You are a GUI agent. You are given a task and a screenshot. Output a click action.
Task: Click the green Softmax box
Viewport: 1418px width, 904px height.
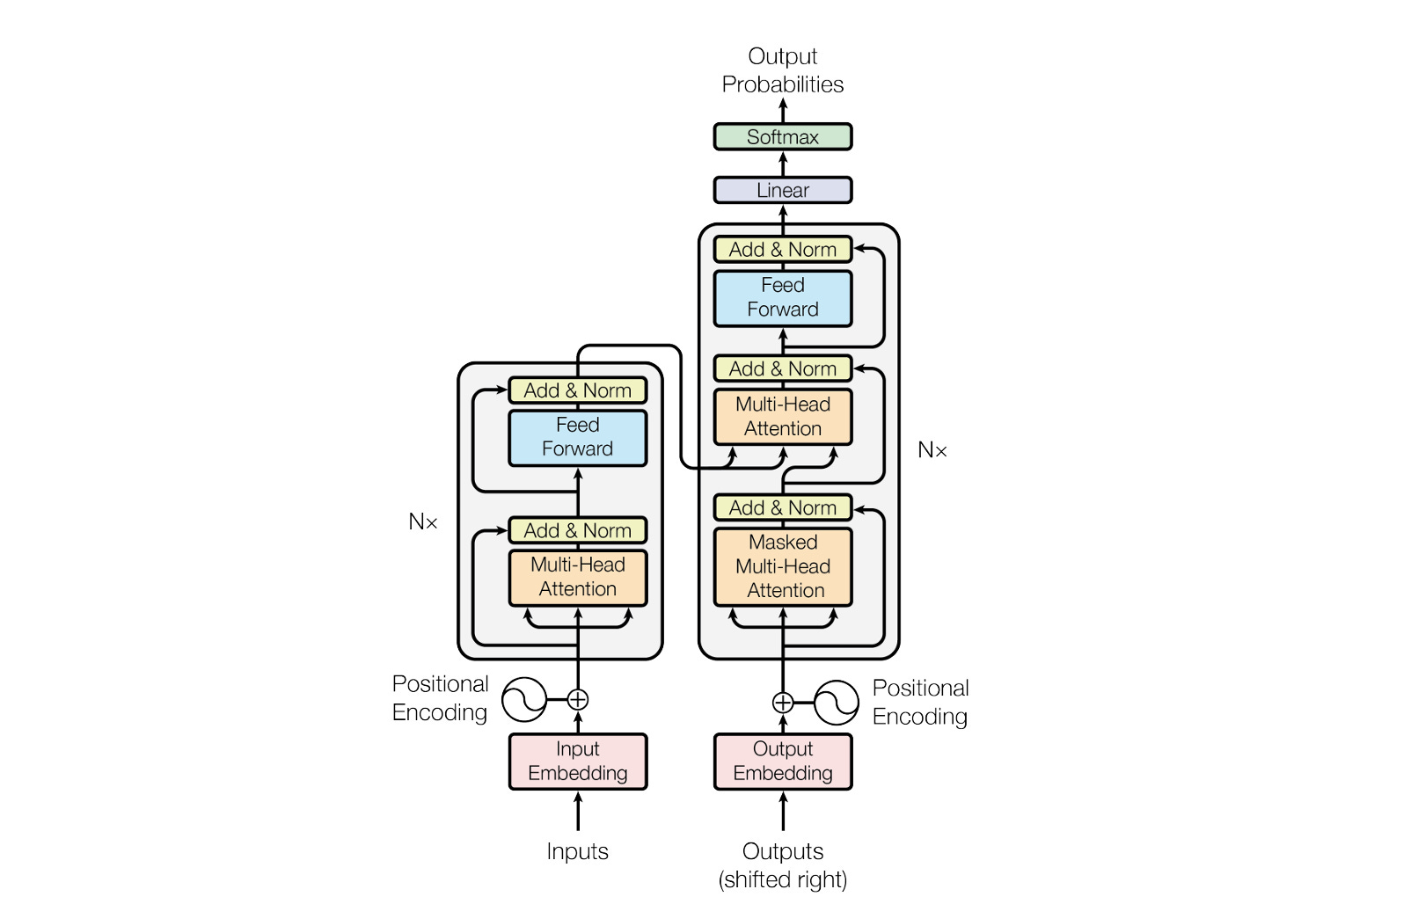(x=782, y=137)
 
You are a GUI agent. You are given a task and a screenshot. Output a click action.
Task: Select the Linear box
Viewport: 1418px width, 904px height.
(x=782, y=190)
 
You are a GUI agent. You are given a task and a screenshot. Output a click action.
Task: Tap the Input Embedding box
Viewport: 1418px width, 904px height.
(x=577, y=762)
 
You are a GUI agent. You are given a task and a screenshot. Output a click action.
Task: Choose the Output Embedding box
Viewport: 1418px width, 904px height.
(x=782, y=762)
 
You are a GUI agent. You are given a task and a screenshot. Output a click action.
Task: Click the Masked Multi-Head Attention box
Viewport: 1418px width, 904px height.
(x=782, y=566)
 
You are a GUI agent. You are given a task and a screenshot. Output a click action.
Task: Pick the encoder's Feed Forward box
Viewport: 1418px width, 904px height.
(x=577, y=437)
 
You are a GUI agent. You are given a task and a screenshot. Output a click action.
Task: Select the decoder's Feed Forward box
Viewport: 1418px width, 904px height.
(x=782, y=298)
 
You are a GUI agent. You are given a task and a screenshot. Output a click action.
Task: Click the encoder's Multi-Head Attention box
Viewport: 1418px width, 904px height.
(x=577, y=577)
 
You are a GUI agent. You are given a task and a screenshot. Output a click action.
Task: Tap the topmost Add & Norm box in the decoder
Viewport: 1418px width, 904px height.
(x=782, y=250)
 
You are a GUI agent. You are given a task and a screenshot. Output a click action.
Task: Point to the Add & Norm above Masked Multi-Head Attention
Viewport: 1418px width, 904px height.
(x=782, y=508)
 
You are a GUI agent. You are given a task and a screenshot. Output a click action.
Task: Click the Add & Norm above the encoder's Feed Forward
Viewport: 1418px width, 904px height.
(x=577, y=390)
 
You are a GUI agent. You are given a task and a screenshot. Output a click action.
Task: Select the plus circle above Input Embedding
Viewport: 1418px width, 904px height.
(x=577, y=700)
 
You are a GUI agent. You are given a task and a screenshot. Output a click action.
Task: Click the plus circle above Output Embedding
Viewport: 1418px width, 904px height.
(x=782, y=703)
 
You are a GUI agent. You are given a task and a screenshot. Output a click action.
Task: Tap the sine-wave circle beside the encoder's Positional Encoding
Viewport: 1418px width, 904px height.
(x=524, y=700)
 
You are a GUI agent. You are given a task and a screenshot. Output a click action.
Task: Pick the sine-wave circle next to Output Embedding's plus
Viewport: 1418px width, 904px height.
(x=836, y=703)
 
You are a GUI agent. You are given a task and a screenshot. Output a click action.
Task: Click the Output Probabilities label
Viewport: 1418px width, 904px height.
(x=782, y=70)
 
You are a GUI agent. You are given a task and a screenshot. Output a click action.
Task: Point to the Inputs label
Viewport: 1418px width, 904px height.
(x=577, y=851)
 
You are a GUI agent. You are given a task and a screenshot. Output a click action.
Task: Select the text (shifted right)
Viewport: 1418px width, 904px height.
(x=782, y=879)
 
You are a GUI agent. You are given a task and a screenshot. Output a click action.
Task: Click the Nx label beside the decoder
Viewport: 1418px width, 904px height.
(x=932, y=450)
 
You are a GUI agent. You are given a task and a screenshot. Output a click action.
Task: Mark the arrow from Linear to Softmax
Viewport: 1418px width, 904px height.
(x=782, y=164)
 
